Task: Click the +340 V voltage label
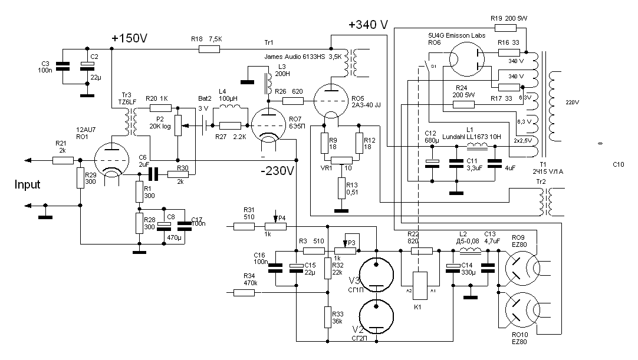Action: tap(368, 25)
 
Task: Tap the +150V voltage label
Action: tap(129, 38)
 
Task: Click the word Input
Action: tap(28, 185)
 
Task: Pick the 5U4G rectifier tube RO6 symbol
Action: tap(466, 59)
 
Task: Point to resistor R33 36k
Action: tap(328, 317)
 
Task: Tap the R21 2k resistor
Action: tap(63, 160)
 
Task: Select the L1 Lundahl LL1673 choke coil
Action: tap(475, 146)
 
